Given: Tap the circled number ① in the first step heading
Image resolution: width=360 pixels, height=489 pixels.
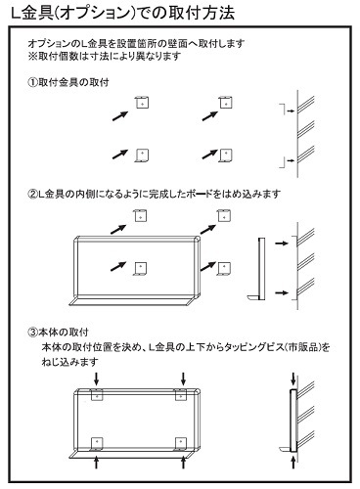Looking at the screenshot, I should click(x=32, y=85).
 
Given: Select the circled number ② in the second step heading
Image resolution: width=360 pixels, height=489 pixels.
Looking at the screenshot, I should click(x=32, y=194).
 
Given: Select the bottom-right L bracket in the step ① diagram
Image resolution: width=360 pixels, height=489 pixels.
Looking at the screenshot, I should click(x=224, y=155).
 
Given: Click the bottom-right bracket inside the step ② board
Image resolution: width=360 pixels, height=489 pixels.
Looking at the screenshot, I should click(x=224, y=266).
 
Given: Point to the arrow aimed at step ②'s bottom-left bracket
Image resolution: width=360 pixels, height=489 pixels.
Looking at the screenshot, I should click(x=120, y=264).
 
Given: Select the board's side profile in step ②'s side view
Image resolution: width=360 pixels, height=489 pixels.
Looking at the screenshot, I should click(x=258, y=268).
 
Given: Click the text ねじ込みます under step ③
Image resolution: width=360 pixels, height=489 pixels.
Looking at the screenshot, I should click(x=69, y=361).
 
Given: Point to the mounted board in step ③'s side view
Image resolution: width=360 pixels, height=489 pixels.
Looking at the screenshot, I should click(x=292, y=420).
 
